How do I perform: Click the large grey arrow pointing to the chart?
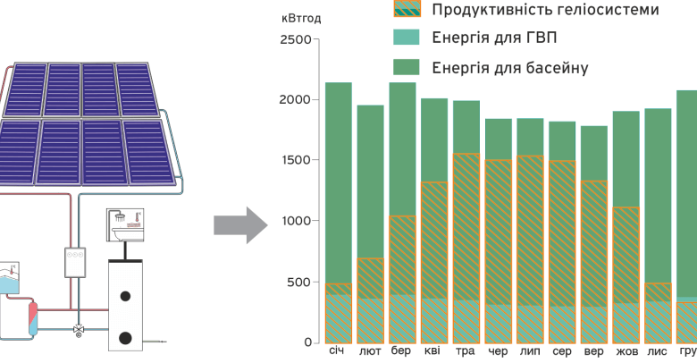click(x=240, y=224)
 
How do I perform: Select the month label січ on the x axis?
click(x=337, y=351)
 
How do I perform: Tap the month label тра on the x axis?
click(x=466, y=351)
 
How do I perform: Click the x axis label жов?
click(x=626, y=351)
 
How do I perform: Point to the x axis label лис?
click(x=658, y=351)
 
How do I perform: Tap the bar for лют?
click(x=370, y=224)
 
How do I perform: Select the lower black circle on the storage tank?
click(x=126, y=338)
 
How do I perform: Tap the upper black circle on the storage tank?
click(x=126, y=295)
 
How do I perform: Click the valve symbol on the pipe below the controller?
click(x=79, y=329)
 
